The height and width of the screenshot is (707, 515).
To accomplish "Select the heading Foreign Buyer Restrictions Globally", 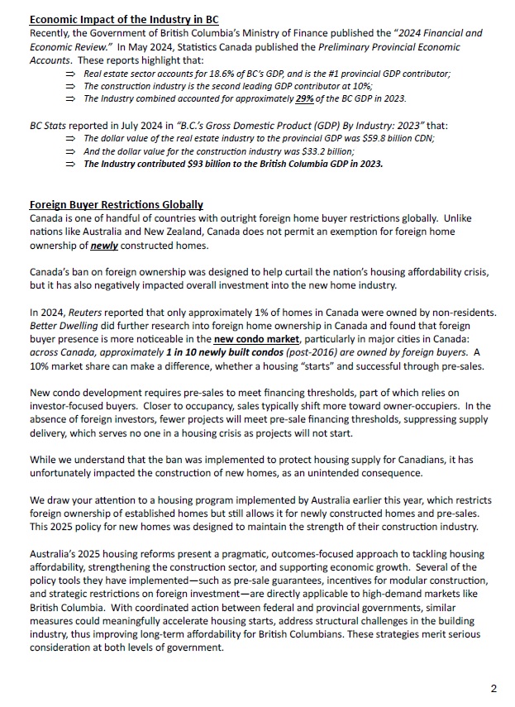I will [x=116, y=205].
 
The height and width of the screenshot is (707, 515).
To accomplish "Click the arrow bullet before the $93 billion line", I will [x=71, y=164].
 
